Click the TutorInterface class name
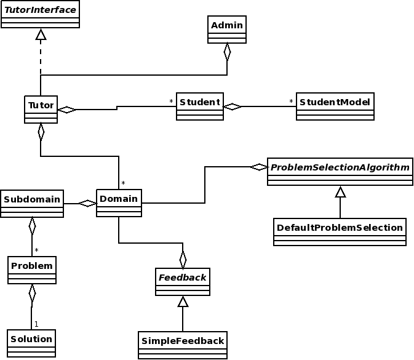click(40, 10)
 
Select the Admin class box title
click(227, 25)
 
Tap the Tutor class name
click(41, 105)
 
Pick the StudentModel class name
click(335, 102)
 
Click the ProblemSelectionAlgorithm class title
click(340, 167)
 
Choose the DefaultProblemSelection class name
click(340, 228)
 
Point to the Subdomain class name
click(32, 199)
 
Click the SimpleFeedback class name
click(183, 341)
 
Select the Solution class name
click(31, 339)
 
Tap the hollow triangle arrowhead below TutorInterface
click(41, 34)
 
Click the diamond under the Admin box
click(227, 52)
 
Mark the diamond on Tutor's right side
click(66, 110)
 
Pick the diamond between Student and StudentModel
click(233, 106)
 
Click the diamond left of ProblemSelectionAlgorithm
click(259, 167)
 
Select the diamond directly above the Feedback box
click(183, 260)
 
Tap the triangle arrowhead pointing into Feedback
click(183, 302)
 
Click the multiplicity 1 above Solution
click(36, 324)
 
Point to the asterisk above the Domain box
click(123, 183)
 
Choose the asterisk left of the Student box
click(171, 101)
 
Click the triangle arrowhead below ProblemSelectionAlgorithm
click(340, 191)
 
